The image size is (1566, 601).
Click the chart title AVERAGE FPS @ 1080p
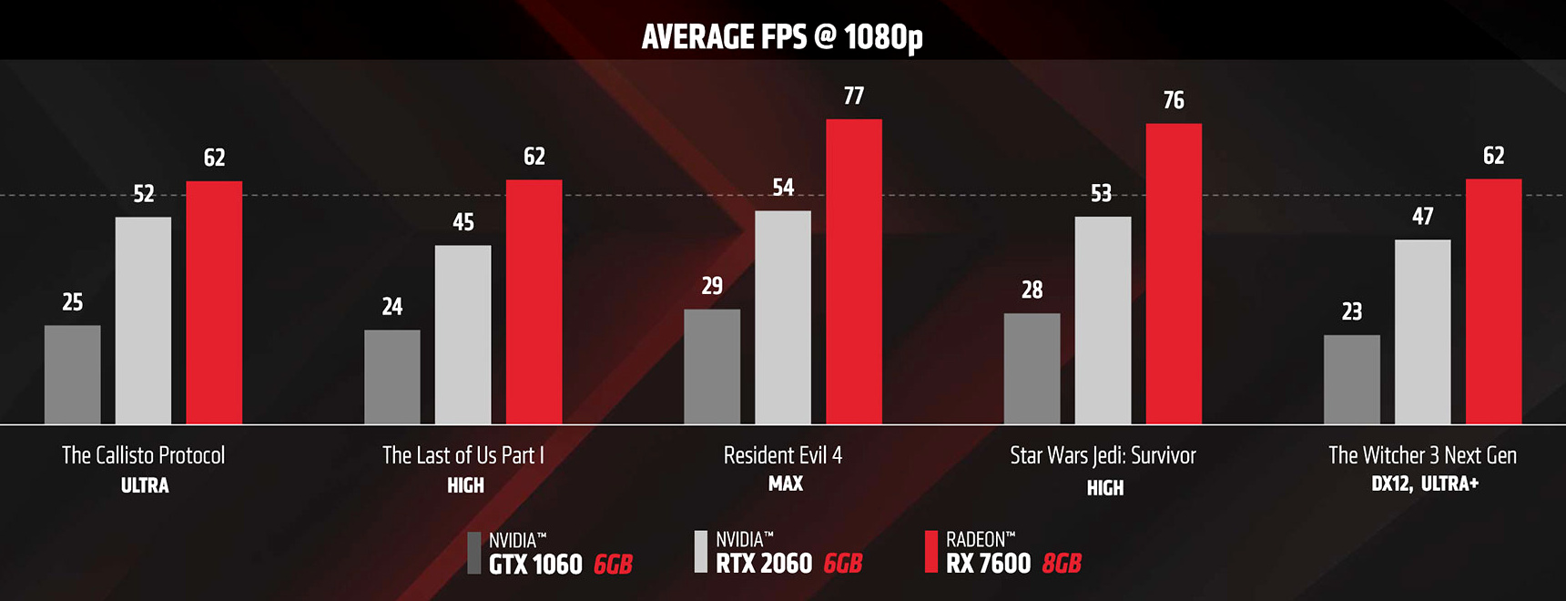[x=782, y=36]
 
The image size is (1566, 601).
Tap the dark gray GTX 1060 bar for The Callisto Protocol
[x=73, y=374]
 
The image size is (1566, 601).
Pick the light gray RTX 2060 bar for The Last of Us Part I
[x=463, y=334]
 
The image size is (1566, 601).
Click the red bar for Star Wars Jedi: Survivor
[x=1174, y=273]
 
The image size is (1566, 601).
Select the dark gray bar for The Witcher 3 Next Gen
[x=1352, y=379]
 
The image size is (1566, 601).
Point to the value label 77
[x=854, y=96]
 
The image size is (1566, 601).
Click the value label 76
[x=1174, y=100]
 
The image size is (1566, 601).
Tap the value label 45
[x=463, y=222]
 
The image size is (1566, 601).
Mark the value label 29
[x=712, y=286]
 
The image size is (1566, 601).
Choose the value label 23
[x=1352, y=311]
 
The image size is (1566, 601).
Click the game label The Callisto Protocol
[x=143, y=455]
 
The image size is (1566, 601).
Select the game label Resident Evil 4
[x=783, y=455]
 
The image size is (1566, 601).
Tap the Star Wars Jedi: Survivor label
[x=1103, y=455]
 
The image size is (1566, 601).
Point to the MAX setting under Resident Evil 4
[x=785, y=484]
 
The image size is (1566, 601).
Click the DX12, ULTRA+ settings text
[x=1425, y=484]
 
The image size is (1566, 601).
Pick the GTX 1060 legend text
[x=535, y=565]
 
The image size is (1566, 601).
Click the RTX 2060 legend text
[x=764, y=564]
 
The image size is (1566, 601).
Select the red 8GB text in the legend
[x=1062, y=564]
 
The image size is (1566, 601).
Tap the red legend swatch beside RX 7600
[x=930, y=552]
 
